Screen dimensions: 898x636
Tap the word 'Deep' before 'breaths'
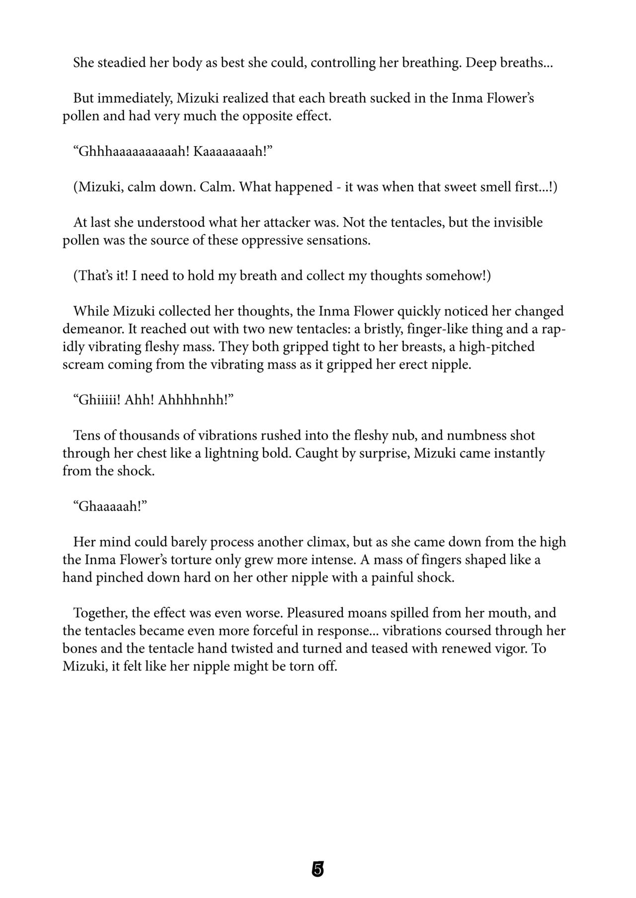click(482, 63)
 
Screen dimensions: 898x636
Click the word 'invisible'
click(518, 222)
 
